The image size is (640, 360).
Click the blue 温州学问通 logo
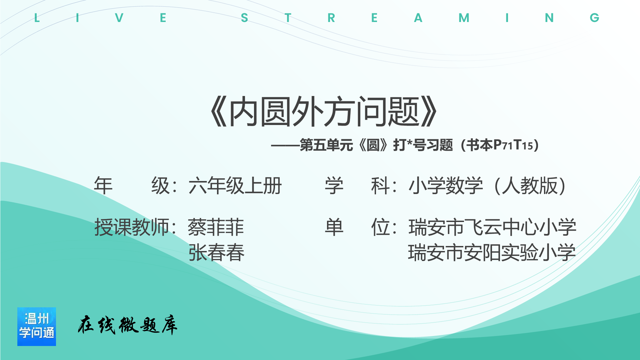37,327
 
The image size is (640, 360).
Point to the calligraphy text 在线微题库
128,325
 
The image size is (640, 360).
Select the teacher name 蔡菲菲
216,227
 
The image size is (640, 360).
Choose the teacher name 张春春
216,252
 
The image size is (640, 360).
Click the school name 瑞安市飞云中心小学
492,227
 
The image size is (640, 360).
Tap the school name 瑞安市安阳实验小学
492,252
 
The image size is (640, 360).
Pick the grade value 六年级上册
235,186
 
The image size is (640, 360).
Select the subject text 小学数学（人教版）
487,186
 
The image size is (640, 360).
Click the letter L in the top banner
37,18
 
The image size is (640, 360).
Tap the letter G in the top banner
594,18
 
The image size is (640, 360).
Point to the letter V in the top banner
119,18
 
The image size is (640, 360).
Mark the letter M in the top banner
464,18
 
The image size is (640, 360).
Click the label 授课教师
132,227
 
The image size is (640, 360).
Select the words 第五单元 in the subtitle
326,145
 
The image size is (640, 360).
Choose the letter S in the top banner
244,18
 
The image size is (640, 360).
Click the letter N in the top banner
549,18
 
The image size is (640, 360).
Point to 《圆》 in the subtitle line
373,145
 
